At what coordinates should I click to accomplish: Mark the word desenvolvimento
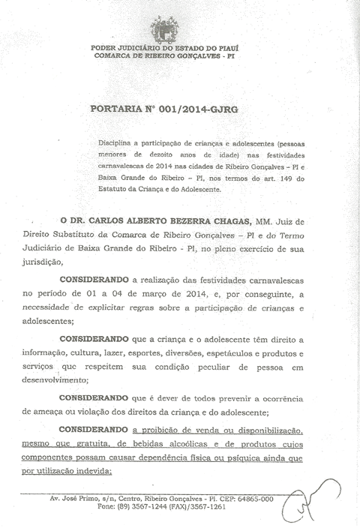coord(55,379)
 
